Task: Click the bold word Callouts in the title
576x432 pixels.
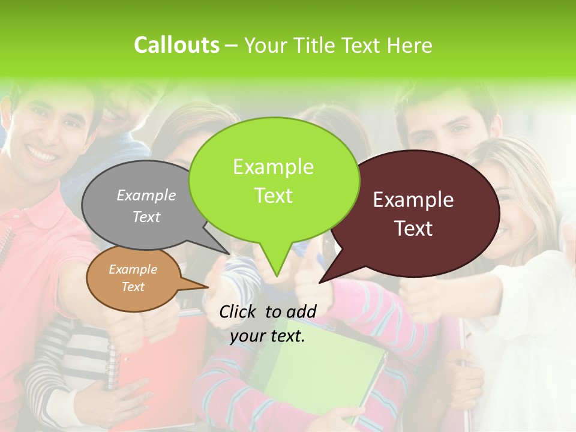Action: (176, 45)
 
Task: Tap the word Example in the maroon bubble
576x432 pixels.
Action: (413, 200)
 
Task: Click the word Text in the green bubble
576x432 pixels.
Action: (274, 196)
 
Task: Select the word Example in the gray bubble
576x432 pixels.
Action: (146, 195)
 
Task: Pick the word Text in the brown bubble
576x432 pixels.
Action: (133, 287)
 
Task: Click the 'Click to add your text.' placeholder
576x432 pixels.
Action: (268, 324)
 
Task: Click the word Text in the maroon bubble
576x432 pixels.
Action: (414, 229)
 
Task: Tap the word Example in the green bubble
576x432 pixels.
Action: (274, 167)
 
